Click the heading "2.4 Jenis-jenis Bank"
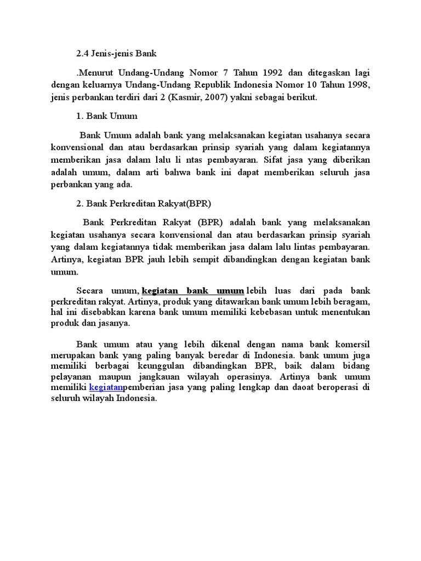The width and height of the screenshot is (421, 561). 117,54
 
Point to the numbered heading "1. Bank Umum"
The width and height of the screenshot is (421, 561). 107,116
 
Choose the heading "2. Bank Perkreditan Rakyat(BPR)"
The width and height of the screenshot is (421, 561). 144,203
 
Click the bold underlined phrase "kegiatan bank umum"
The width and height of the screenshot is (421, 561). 192,290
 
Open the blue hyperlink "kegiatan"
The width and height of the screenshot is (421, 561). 106,388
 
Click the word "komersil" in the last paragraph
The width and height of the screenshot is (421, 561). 350,344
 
